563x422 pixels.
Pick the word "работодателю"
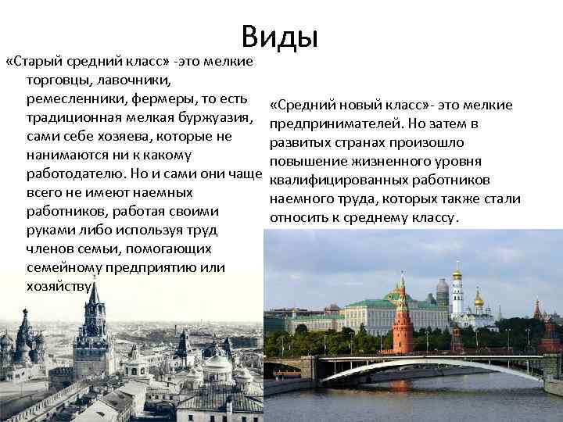(77, 173)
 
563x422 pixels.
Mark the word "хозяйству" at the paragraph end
(59, 286)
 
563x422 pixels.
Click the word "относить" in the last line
(298, 218)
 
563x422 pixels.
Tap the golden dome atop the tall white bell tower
(457, 271)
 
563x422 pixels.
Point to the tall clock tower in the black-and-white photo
(95, 328)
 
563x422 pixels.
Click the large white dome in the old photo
(217, 363)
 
